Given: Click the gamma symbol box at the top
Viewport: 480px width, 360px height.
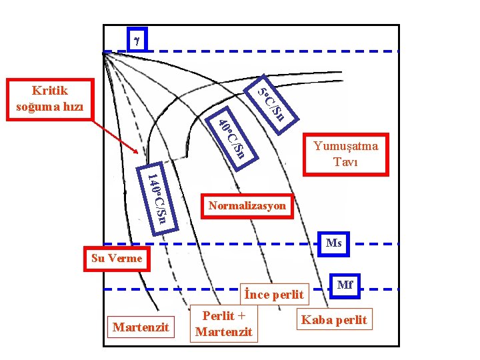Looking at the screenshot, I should point(137,40).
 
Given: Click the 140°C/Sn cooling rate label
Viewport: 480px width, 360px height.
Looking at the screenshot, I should point(158,197).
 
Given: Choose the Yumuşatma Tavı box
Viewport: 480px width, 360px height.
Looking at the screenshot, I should point(346,153).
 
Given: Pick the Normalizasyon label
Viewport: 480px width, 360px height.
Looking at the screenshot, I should point(247,206).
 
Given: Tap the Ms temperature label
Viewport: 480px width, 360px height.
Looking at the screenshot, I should point(334,243).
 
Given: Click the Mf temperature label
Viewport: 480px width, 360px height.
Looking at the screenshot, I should point(345,285).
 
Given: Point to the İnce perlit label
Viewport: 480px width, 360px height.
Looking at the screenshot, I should point(274,294).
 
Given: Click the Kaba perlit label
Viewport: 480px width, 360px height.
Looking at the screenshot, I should point(334,320).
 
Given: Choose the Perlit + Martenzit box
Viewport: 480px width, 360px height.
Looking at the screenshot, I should point(224,323).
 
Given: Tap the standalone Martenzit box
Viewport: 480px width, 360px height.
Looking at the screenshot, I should point(141,327).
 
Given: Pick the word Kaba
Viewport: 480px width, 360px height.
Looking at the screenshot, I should point(316,320).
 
